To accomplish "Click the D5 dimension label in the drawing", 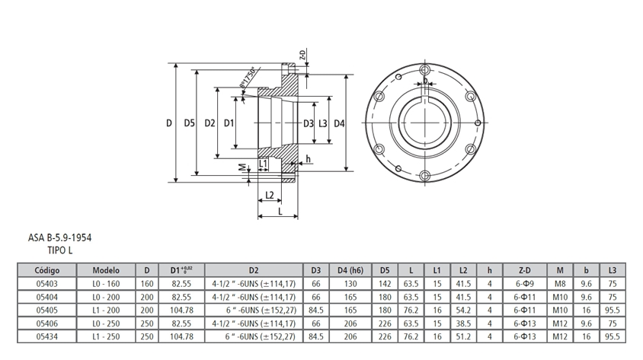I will click(190, 123).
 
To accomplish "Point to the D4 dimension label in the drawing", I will click(340, 123).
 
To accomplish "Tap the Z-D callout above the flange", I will click(302, 55).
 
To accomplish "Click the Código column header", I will click(46, 270).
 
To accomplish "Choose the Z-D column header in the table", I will click(522, 270).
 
